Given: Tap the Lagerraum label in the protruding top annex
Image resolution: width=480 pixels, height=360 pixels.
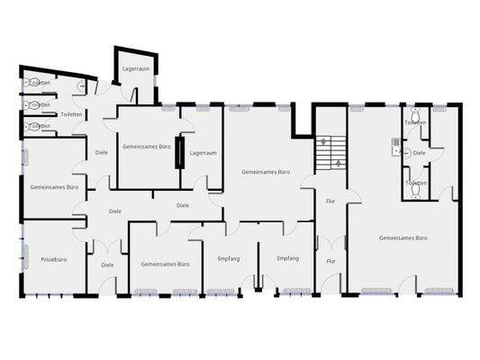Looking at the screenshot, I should click(135, 68).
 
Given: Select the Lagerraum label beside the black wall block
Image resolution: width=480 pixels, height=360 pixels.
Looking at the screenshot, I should click(204, 153).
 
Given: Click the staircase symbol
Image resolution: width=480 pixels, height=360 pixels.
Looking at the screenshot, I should click(331, 153).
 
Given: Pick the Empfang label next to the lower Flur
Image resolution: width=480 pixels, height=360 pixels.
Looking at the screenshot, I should click(287, 258).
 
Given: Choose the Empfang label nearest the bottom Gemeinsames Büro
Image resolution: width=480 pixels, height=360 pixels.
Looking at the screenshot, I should click(229, 258).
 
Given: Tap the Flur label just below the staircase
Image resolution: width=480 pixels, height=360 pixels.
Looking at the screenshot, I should click(331, 202).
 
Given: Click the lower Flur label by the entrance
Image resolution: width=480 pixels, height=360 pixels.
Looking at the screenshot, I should click(331, 261).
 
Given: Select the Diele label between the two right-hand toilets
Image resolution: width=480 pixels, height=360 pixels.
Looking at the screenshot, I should click(419, 153).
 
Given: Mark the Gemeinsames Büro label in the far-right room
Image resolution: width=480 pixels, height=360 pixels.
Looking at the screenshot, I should click(403, 238).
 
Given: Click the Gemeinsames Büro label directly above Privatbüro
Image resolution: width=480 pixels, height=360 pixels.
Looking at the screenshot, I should click(54, 187).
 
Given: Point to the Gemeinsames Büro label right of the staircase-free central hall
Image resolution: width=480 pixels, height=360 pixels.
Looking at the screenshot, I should click(265, 171).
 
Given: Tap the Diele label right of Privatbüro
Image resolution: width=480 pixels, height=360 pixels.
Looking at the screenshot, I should click(107, 265).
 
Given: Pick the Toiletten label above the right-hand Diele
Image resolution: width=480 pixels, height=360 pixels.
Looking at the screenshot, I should click(415, 122).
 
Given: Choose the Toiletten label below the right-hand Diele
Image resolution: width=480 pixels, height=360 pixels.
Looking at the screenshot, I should click(415, 183).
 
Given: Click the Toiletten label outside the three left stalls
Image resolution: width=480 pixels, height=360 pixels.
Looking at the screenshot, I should click(71, 114).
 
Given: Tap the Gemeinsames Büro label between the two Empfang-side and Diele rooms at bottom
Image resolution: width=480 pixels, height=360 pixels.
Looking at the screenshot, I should click(165, 265).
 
